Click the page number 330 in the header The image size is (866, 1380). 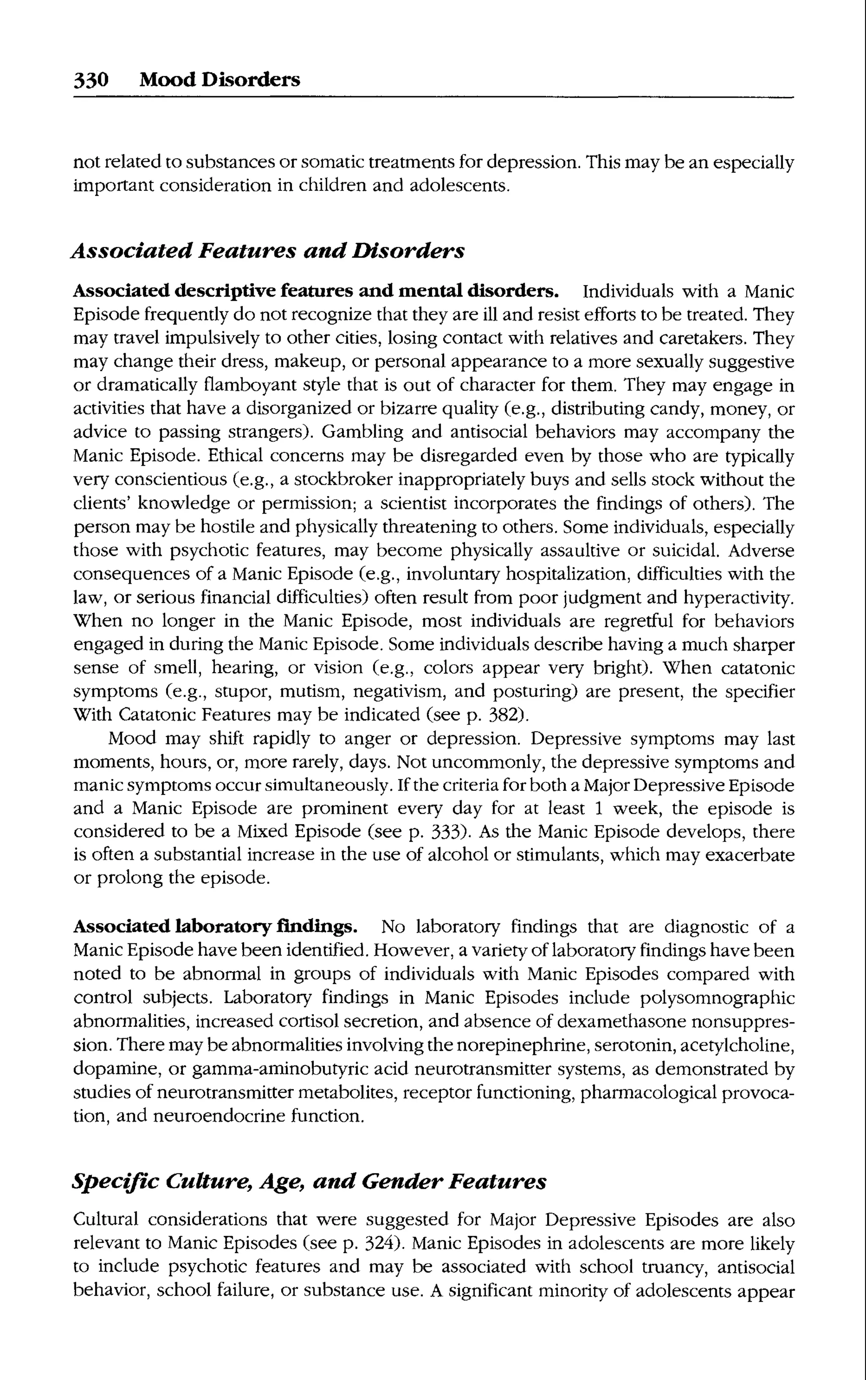[90, 79]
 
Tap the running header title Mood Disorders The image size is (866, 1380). [219, 79]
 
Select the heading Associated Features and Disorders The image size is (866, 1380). [268, 250]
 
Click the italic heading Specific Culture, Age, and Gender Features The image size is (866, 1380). [309, 1181]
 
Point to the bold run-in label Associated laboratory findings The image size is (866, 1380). [215, 926]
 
